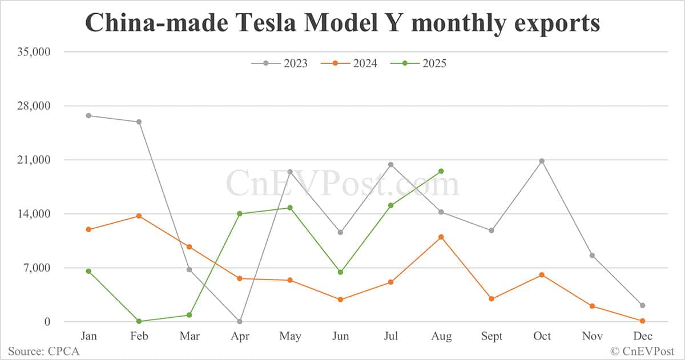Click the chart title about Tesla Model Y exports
point(342,23)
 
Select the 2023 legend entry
point(280,63)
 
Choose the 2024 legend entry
point(349,63)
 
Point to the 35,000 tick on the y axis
point(35,52)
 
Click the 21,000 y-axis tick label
point(35,160)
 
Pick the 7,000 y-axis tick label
point(37,268)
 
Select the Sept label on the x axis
point(491,337)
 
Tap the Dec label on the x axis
point(642,337)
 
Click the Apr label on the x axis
point(240,337)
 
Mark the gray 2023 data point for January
point(88,115)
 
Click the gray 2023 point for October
point(542,161)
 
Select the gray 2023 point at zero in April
point(240,322)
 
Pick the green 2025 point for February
point(139,321)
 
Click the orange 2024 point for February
point(139,216)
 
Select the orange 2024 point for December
point(642,321)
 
